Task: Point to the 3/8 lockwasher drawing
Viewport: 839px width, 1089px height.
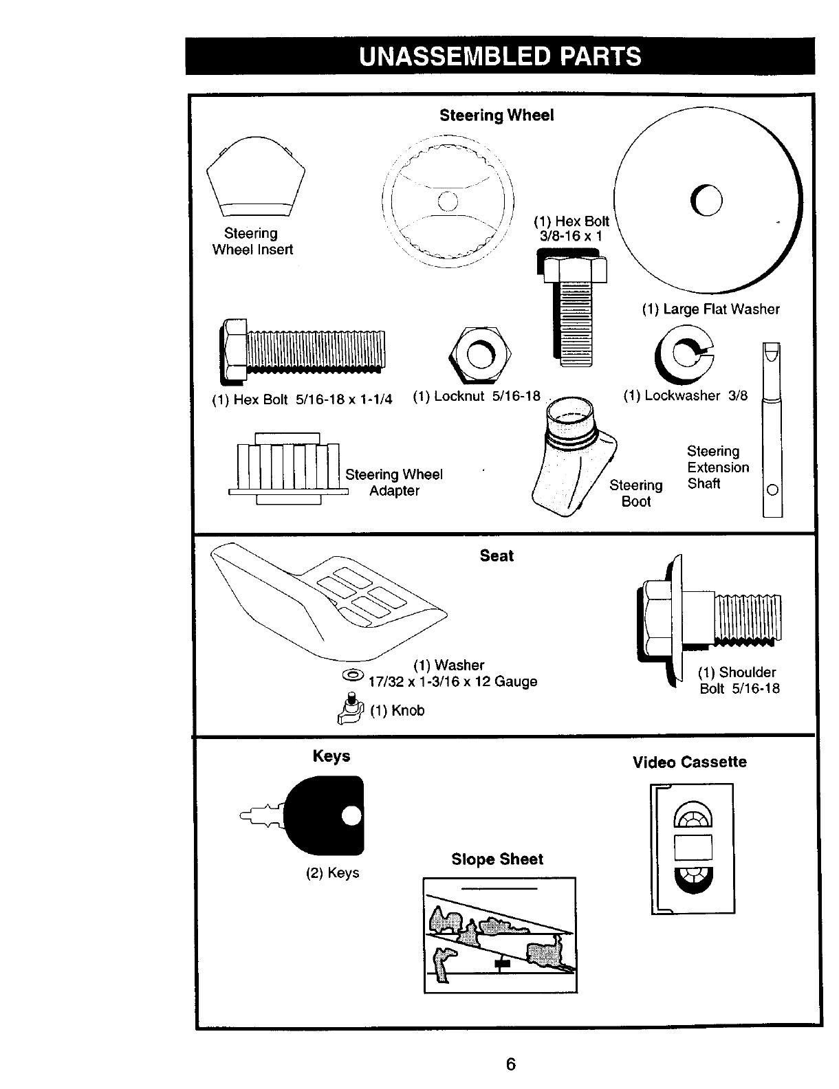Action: pos(684,352)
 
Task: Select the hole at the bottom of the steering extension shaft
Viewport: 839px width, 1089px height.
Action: pos(772,489)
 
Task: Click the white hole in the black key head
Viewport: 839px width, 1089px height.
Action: pos(351,815)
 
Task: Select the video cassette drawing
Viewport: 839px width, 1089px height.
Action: pos(693,848)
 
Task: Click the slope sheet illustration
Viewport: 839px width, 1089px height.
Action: pos(500,935)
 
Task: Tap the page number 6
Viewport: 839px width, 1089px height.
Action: pos(510,1064)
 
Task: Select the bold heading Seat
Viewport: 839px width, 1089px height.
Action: pos(497,555)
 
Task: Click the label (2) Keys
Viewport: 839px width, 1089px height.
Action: pos(332,872)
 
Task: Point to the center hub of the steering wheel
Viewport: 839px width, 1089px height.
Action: pos(447,201)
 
